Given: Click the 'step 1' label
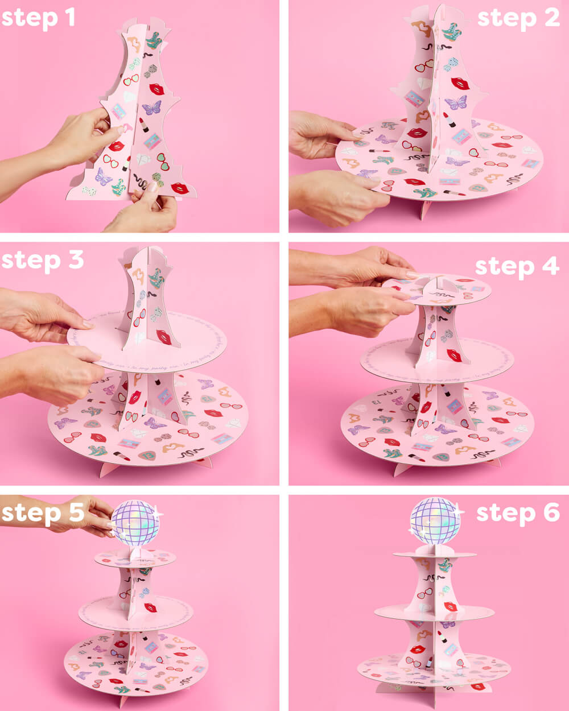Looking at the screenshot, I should [38, 18].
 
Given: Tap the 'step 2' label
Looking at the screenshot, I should [518, 18].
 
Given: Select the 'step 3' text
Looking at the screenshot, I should [42, 260].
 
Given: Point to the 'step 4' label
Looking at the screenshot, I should [517, 266].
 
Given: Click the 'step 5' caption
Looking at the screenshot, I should [42, 512].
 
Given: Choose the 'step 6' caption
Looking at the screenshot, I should [517, 512].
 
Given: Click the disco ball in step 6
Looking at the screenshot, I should [435, 521].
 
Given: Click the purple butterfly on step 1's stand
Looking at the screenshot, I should [151, 107].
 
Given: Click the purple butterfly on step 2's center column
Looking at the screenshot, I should [455, 102].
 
